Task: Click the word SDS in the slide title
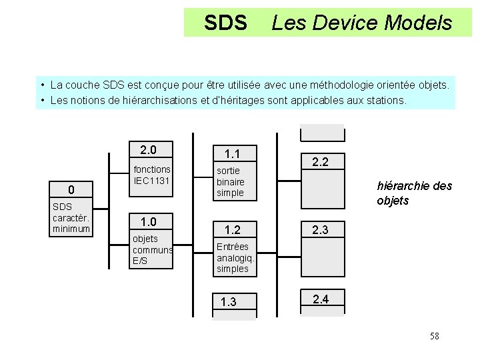click(225, 23)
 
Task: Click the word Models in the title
click(419, 23)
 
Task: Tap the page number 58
click(434, 336)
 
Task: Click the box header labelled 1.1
click(233, 154)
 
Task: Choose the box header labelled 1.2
click(233, 230)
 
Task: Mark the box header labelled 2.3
click(321, 230)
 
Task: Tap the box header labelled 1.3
click(229, 302)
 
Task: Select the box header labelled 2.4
click(321, 299)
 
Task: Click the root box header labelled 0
click(71, 189)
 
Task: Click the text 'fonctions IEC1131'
click(152, 175)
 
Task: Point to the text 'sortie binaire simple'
click(231, 181)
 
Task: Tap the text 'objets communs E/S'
click(153, 249)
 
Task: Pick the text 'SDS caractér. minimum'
click(71, 217)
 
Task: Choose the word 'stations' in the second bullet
click(384, 101)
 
